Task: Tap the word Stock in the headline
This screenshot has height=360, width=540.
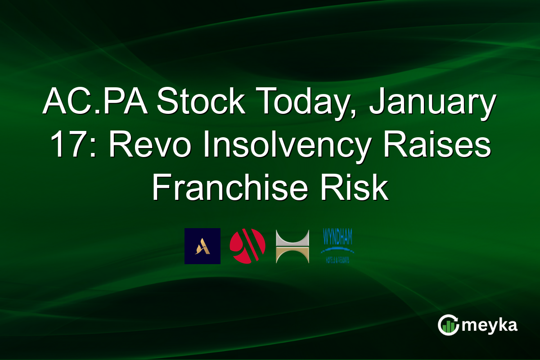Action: click(x=201, y=103)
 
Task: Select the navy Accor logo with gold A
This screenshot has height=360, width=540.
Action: click(x=202, y=246)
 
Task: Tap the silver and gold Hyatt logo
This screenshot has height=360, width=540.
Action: click(x=292, y=246)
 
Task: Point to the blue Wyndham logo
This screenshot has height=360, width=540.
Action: click(x=337, y=246)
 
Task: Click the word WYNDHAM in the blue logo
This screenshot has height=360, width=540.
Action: click(x=337, y=237)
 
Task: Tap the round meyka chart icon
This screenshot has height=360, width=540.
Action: click(x=448, y=325)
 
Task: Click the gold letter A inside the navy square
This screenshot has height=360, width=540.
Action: click(x=202, y=247)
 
